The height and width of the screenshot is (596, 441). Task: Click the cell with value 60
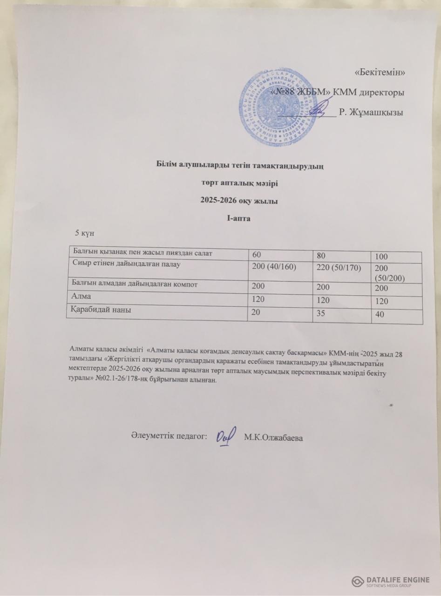click(257, 255)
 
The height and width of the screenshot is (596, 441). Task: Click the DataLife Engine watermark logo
click(391, 581)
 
